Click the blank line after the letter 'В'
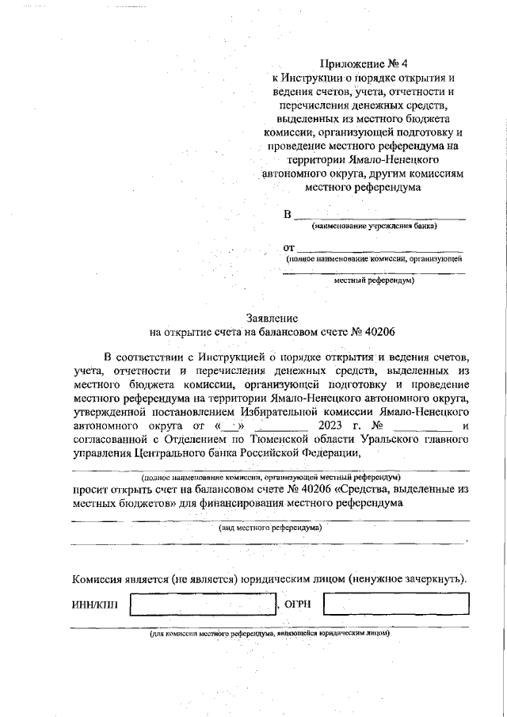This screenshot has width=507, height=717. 379,215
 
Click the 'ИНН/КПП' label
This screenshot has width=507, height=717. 94,606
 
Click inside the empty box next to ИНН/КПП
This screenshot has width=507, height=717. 204,606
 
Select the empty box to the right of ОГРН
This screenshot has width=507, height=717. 395,606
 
